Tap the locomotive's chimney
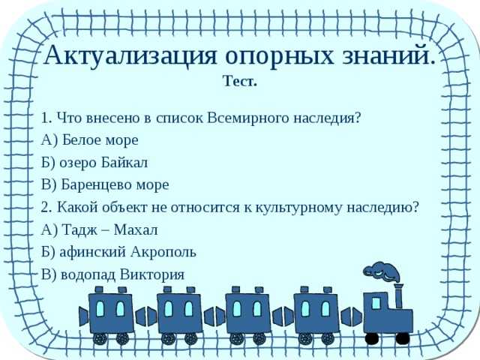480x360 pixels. pos(398,295)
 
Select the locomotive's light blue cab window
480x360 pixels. pos(375,304)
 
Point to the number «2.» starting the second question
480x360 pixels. pos(46,207)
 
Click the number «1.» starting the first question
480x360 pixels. pos(46,118)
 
